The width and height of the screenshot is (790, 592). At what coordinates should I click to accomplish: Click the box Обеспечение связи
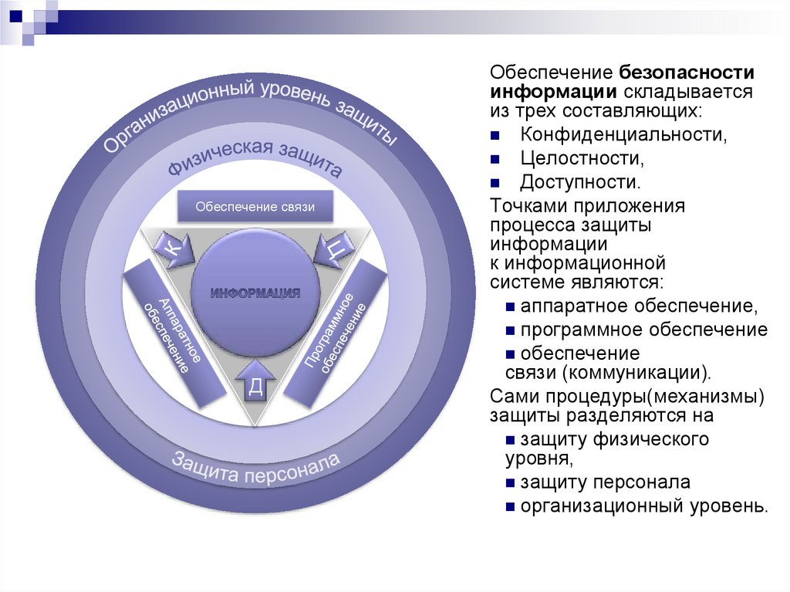pyautogui.click(x=255, y=207)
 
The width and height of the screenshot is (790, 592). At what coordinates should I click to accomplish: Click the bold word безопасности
pyautogui.click(x=685, y=72)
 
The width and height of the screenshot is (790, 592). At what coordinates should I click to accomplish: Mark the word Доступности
pyautogui.click(x=581, y=183)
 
